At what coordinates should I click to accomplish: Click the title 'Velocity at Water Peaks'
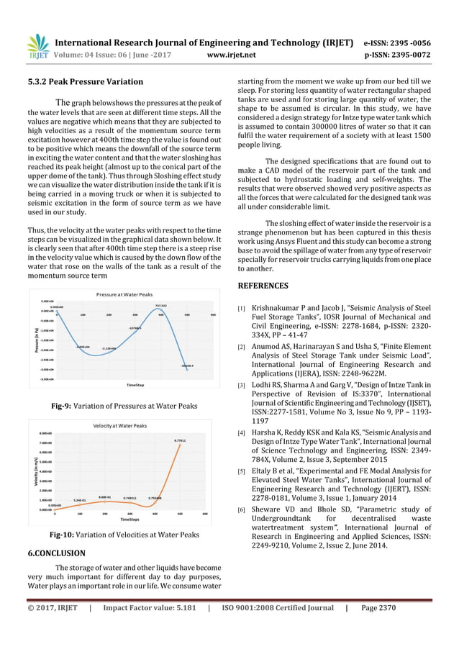click(121, 427)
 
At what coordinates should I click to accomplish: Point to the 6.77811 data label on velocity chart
click(181, 440)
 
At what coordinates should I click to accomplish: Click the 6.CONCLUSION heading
click(56, 554)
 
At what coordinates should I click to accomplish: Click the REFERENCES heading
click(263, 286)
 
